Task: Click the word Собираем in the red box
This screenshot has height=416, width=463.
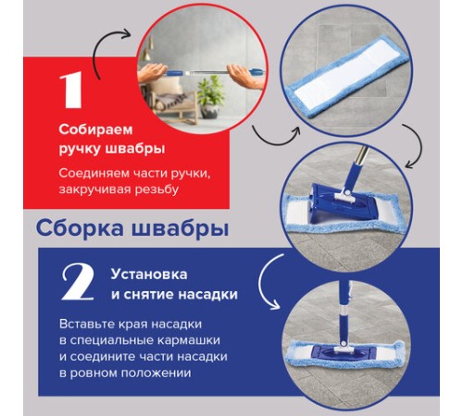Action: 89,129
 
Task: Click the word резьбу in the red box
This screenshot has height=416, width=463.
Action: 181,190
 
